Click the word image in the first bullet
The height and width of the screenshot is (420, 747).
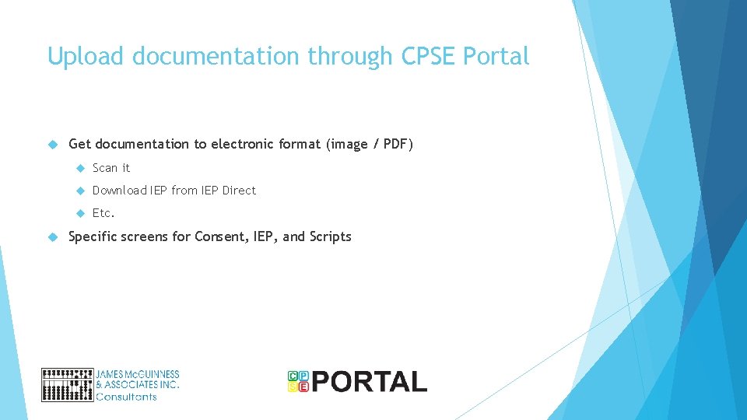click(x=347, y=144)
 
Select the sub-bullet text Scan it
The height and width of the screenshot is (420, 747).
click(x=111, y=168)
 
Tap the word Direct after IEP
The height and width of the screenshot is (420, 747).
click(x=239, y=191)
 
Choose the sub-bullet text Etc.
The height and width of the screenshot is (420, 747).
click(x=103, y=213)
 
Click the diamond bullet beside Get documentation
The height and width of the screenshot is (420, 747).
click(x=53, y=144)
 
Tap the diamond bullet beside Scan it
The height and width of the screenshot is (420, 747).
click(x=79, y=168)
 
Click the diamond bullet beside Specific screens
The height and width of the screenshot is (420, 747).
click(x=53, y=236)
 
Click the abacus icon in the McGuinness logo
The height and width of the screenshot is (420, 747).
click(x=67, y=384)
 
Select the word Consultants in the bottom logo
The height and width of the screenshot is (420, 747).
click(x=126, y=397)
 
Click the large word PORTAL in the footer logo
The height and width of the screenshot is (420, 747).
click(x=370, y=381)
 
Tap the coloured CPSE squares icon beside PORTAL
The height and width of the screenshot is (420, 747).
click(x=298, y=380)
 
